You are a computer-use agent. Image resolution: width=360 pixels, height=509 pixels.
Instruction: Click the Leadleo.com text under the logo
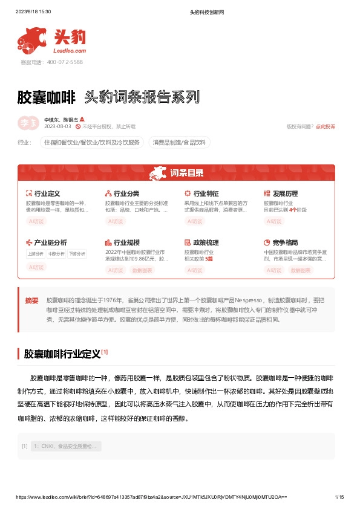coord(71,51)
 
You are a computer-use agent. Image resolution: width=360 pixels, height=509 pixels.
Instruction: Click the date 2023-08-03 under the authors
coord(58,126)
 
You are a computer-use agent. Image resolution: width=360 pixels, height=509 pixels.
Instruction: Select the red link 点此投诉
coord(326,126)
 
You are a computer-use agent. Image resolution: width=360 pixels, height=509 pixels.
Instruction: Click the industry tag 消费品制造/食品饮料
coord(179,143)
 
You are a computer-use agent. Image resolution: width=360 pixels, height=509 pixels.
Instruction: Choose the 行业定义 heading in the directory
coord(47,194)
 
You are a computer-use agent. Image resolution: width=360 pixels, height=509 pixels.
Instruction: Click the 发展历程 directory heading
coord(285,194)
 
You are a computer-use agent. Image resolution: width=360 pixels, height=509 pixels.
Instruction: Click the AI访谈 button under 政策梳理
coord(194,270)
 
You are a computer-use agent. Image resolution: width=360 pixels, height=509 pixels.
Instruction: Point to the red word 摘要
coord(32,300)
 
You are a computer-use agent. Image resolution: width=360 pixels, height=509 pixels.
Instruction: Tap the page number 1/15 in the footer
coord(339,497)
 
